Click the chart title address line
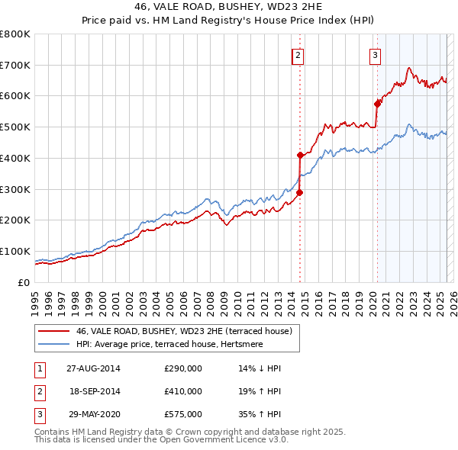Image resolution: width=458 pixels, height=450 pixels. click(229, 8)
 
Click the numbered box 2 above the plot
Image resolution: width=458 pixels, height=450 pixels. click(298, 54)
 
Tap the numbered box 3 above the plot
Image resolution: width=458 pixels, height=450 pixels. click(376, 54)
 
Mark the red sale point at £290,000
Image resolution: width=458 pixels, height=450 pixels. click(300, 192)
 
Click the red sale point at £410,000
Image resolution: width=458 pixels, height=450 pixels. click(300, 155)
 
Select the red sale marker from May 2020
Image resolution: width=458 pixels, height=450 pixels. click(377, 104)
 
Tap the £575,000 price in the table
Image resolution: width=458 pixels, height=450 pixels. click(183, 415)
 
